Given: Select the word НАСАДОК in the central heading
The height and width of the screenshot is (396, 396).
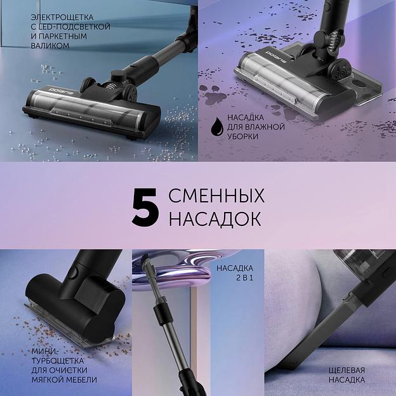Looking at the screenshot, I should point(214,218).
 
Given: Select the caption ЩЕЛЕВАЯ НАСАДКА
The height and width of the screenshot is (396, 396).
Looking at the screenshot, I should point(346,374).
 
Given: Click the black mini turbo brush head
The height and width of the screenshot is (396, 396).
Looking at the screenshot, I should point(82,286).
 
